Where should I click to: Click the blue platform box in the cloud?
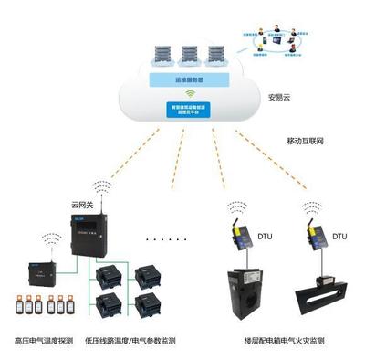click(x=192, y=110)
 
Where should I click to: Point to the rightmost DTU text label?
click(x=339, y=237)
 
